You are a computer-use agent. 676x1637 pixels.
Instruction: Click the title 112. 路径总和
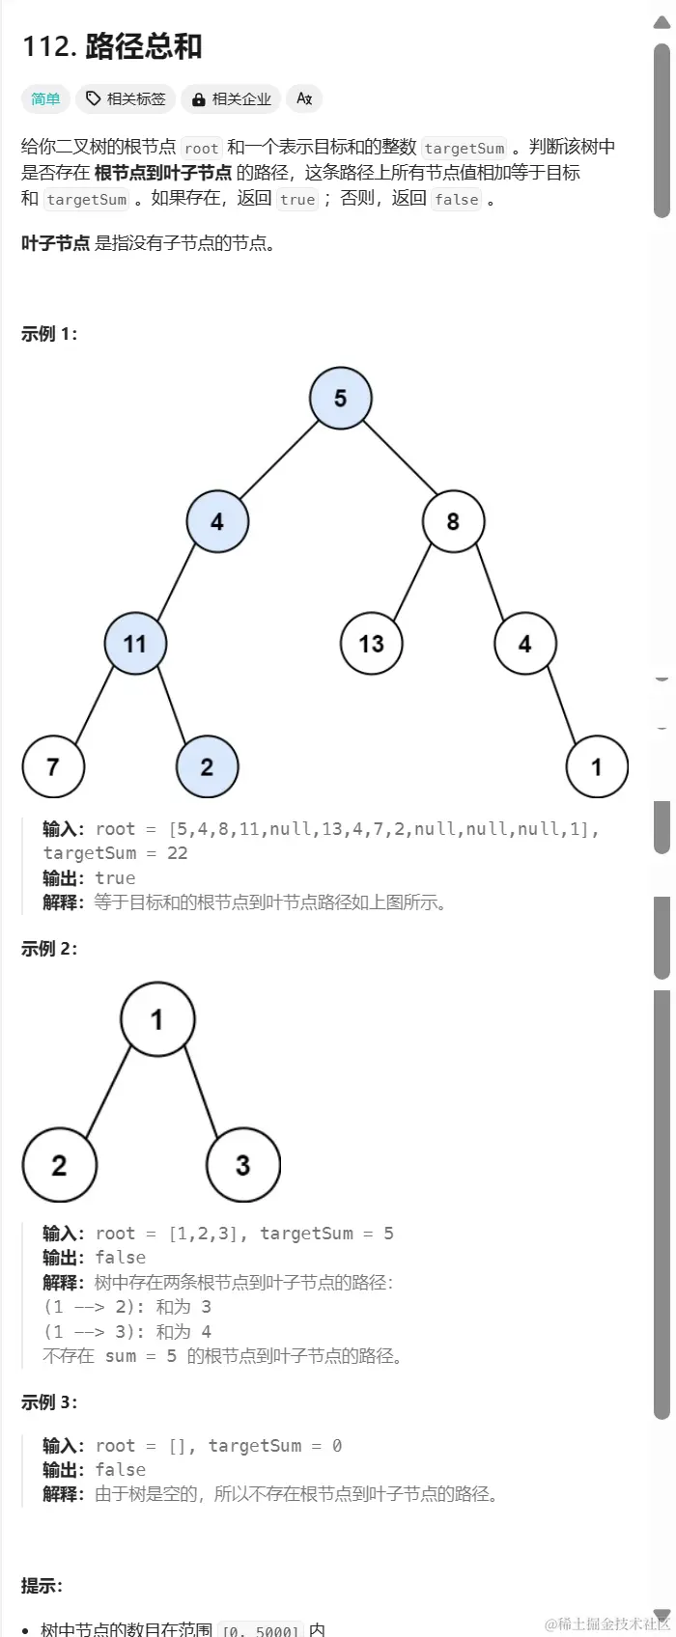[112, 46]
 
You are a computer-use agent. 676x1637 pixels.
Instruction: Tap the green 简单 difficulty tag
[45, 98]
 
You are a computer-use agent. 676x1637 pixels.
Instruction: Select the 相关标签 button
[126, 98]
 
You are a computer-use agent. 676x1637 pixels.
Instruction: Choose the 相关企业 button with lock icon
[232, 98]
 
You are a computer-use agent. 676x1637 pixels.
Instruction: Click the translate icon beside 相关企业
[304, 98]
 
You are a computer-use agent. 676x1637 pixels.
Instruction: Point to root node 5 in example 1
[340, 398]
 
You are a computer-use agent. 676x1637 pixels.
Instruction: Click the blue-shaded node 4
[216, 521]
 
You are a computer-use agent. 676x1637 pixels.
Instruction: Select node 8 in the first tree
[453, 521]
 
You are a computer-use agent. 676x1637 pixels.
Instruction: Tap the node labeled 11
[135, 644]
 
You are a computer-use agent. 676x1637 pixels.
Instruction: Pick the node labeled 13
[371, 644]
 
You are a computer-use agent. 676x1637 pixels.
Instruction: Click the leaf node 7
[53, 767]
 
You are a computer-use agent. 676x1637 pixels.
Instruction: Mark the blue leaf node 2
[207, 767]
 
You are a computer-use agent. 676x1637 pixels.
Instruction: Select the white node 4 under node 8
[524, 644]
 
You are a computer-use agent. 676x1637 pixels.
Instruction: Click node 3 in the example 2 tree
[242, 1165]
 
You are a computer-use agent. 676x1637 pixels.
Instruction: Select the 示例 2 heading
[49, 949]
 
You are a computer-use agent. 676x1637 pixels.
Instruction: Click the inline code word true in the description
[297, 200]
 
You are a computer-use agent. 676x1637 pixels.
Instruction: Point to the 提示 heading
[42, 1586]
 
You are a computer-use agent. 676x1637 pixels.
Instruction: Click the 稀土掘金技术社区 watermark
[606, 1623]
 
